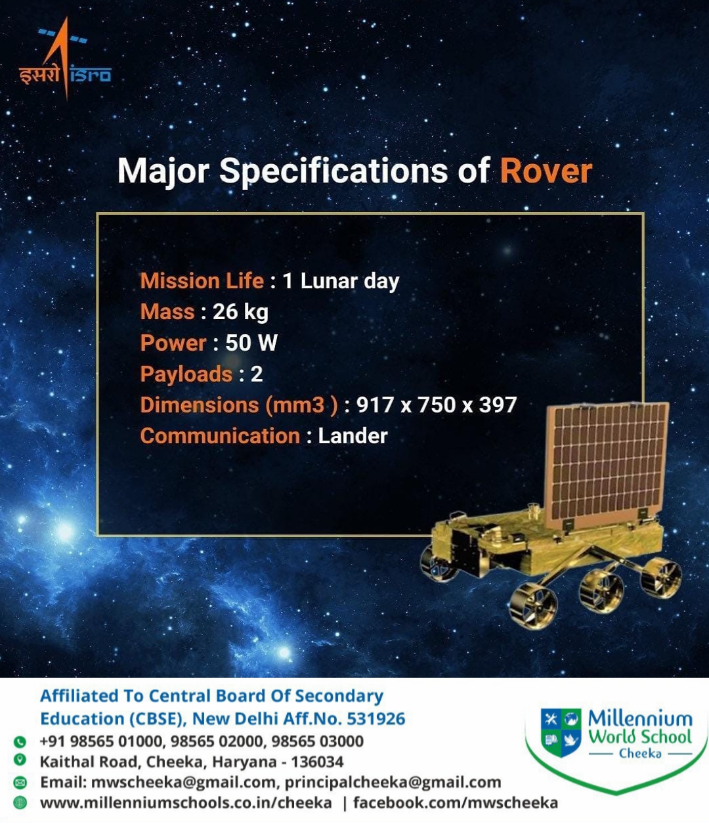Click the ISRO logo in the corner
pyautogui.click(x=64, y=58)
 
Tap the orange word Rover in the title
pyautogui.click(x=546, y=171)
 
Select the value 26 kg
pyautogui.click(x=240, y=312)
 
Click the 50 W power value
pyautogui.click(x=251, y=343)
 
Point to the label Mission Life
pyautogui.click(x=202, y=280)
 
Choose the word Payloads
pyautogui.click(x=186, y=374)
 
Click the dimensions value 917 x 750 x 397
pyautogui.click(x=437, y=405)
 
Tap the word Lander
pyautogui.click(x=353, y=436)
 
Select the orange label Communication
pyautogui.click(x=220, y=436)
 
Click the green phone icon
pyautogui.click(x=20, y=741)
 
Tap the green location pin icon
pyautogui.click(x=20, y=760)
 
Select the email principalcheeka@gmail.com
pyautogui.click(x=393, y=782)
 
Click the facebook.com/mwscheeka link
pyautogui.click(x=456, y=803)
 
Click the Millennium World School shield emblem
pyautogui.click(x=561, y=733)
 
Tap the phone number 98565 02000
pyautogui.click(x=217, y=741)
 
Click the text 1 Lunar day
pyautogui.click(x=341, y=281)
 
